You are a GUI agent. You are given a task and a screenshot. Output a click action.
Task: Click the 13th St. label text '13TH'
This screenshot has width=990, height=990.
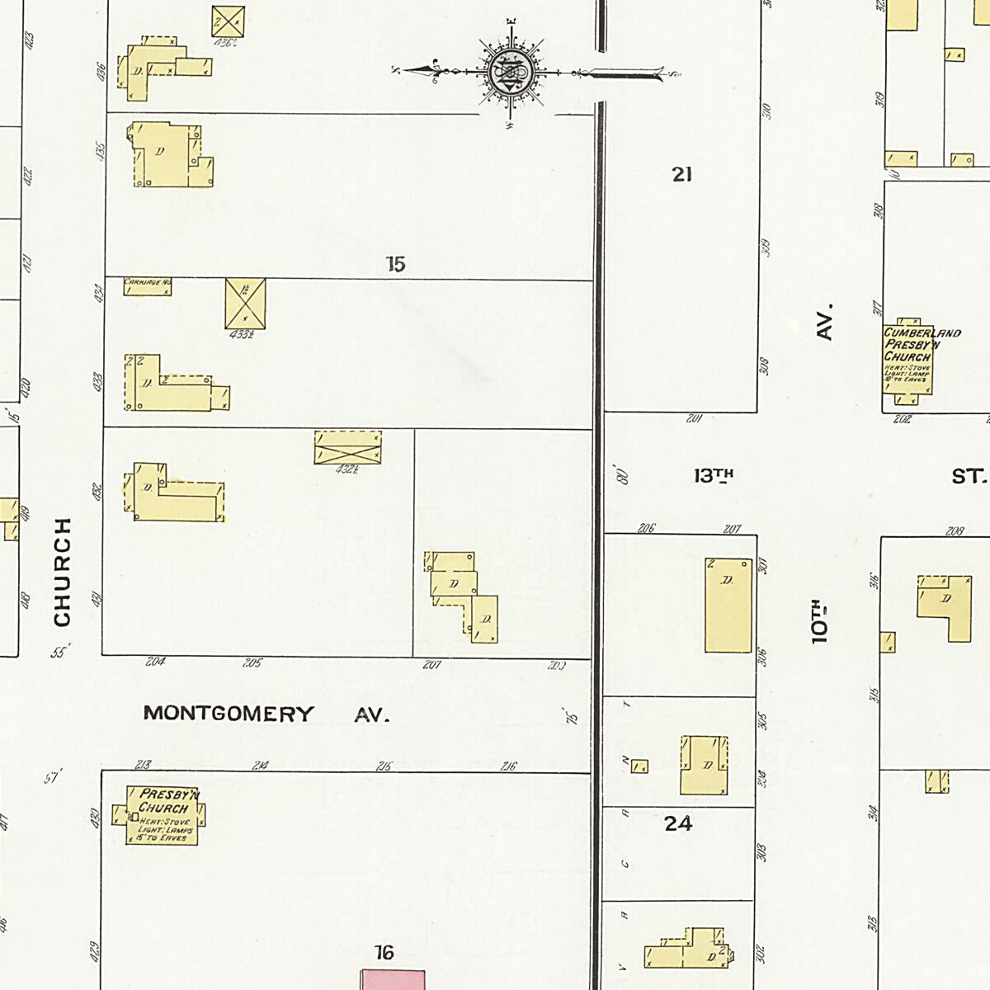714,476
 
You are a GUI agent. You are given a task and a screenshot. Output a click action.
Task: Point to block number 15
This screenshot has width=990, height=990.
396,265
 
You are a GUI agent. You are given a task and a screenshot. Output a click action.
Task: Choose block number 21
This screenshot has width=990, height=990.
681,174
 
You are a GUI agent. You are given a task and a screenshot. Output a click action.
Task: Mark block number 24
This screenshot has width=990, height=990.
678,823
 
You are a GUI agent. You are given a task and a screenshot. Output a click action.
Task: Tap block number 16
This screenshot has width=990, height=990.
384,954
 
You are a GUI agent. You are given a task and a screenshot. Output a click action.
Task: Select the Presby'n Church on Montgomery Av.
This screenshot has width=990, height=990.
163,815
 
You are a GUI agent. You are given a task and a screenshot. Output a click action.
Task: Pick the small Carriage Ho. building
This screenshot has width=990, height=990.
148,286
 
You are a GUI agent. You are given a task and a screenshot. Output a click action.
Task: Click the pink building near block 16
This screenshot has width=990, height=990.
394,979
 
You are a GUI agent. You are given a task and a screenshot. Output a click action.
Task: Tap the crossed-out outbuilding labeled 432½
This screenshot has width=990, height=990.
347,447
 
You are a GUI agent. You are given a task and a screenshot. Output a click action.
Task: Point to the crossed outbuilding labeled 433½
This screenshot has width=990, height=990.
246,303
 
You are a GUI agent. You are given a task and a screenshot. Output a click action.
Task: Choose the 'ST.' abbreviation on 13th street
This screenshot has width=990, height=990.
969,477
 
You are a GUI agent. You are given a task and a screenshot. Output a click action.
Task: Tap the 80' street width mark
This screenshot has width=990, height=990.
623,474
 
